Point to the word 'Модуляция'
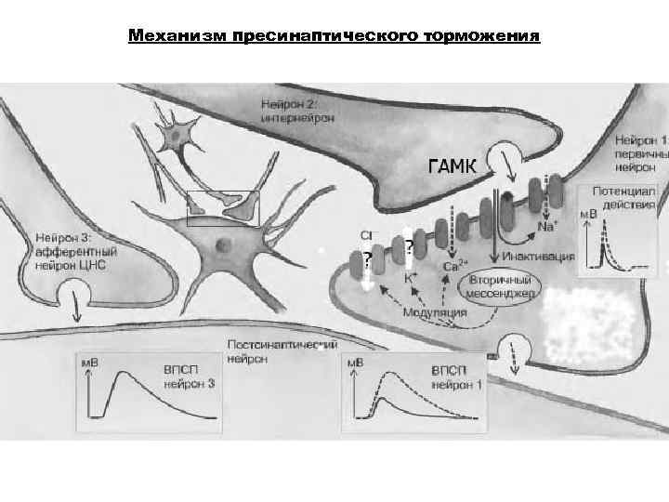[x=435, y=312]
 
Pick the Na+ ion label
[x=551, y=227]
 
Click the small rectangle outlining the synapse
[x=223, y=208]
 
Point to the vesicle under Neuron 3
[x=72, y=297]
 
